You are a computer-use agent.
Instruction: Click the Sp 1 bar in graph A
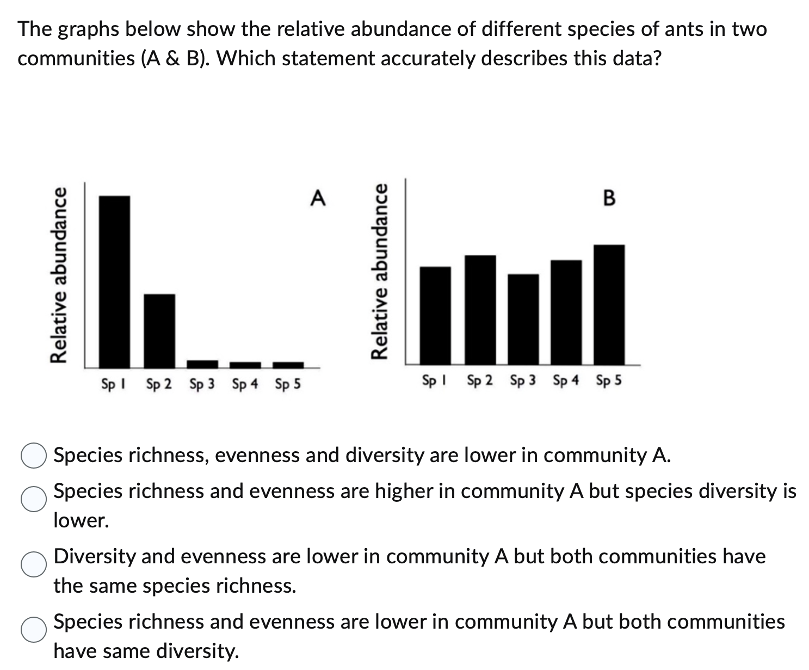(x=114, y=281)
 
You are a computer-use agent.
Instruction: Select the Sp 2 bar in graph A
(x=159, y=330)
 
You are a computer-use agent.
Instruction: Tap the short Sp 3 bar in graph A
(x=202, y=363)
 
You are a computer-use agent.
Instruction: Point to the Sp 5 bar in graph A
(x=288, y=364)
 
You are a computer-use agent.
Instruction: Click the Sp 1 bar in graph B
(x=436, y=316)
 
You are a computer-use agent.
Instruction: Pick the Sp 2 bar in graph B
(x=480, y=310)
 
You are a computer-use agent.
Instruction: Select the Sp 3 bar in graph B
(x=523, y=319)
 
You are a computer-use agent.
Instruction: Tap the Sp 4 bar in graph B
(x=566, y=312)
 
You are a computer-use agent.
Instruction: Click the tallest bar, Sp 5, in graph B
(x=609, y=305)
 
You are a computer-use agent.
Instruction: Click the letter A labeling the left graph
(x=318, y=198)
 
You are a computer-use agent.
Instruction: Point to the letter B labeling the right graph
(x=609, y=198)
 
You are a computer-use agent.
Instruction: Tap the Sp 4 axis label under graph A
(x=245, y=385)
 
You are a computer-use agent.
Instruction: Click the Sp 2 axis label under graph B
(x=480, y=380)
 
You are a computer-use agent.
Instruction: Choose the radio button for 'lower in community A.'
(x=33, y=456)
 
